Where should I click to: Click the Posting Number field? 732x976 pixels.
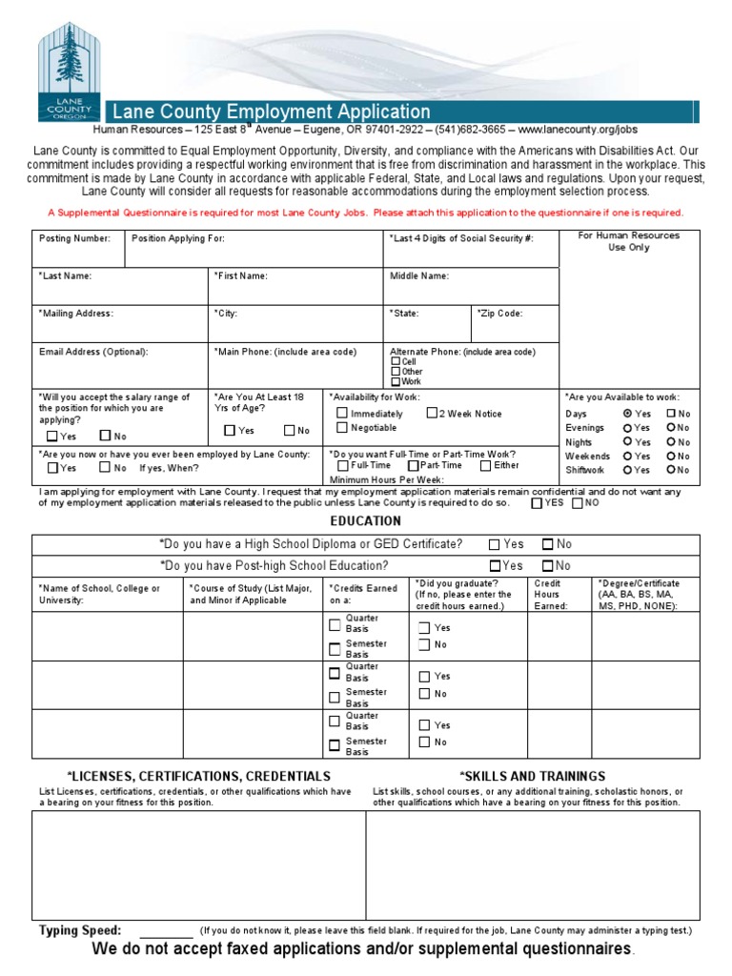79,249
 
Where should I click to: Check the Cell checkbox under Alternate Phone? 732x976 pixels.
396,362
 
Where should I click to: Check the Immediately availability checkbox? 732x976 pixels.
342,413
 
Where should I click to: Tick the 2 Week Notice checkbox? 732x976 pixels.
432,413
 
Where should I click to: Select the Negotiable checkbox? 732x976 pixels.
342,428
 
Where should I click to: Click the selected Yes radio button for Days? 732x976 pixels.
627,414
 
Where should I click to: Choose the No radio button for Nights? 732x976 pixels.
672,442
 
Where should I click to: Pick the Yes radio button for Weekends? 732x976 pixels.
627,456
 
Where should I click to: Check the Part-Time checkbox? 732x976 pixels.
413,465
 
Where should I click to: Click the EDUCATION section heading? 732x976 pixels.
365,521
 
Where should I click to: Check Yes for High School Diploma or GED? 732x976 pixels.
494,544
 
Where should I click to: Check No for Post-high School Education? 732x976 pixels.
547,565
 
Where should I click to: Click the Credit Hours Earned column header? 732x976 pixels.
551,594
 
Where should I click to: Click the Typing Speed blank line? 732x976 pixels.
167,931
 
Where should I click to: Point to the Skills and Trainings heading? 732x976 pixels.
532,776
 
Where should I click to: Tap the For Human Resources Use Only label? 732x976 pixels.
628,241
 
